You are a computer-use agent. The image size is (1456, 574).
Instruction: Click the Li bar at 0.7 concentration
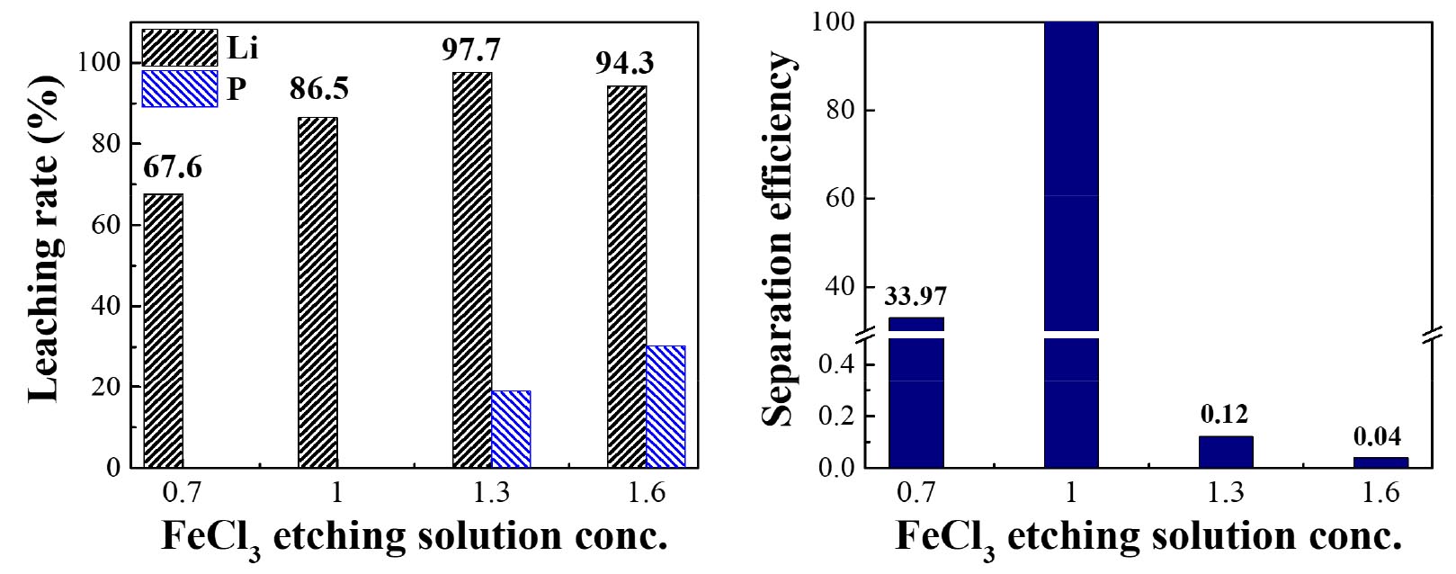tap(163, 330)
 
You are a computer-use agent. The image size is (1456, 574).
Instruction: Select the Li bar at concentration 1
tap(317, 292)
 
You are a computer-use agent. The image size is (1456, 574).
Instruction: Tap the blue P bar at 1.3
tap(511, 429)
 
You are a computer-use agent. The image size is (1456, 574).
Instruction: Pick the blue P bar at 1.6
tap(665, 407)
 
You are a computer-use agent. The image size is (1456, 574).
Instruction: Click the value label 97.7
tap(471, 49)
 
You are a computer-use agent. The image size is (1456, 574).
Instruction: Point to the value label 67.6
tap(173, 167)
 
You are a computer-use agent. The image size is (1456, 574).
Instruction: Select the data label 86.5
tap(319, 89)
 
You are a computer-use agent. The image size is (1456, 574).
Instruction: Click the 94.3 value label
tap(625, 63)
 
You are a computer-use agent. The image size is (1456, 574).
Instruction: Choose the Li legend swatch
tap(180, 48)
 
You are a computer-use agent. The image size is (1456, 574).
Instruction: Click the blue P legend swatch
tap(180, 89)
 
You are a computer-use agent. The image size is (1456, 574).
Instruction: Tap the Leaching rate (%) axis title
tap(44, 238)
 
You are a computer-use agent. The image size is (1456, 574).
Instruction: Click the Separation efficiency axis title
tap(778, 238)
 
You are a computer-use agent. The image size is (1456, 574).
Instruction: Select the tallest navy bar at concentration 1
tap(1071, 180)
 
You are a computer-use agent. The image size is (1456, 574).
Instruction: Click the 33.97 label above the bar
tap(916, 296)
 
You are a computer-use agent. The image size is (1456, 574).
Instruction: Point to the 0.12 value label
tap(1224, 414)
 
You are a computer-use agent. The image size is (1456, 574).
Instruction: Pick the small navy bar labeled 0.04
tap(1380, 462)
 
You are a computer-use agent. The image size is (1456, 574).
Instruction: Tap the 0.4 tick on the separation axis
tap(835, 364)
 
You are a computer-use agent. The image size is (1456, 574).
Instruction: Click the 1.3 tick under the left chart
tap(491, 493)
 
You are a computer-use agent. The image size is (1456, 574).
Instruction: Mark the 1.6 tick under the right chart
tap(1380, 493)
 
